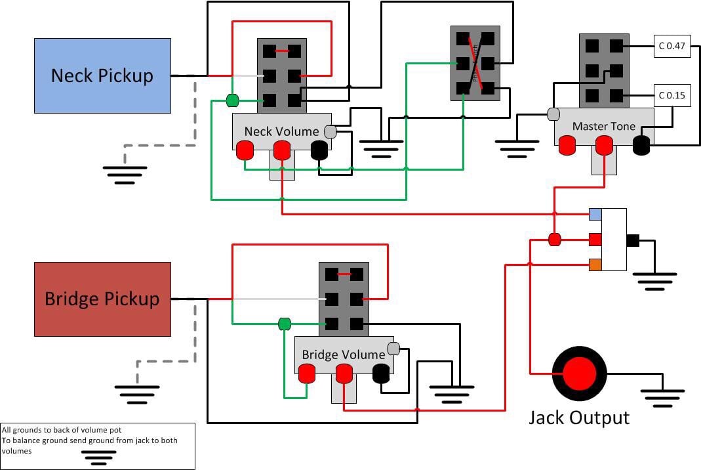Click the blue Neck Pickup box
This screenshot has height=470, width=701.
pyautogui.click(x=102, y=75)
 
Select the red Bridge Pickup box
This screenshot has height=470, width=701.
pyautogui.click(x=102, y=299)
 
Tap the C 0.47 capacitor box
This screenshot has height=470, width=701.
pyautogui.click(x=671, y=47)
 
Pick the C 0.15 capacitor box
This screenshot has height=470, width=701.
pyautogui.click(x=671, y=95)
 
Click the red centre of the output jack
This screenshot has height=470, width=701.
pyautogui.click(x=579, y=374)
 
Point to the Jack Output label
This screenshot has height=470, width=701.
pyautogui.click(x=579, y=417)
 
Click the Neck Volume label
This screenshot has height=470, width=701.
pyautogui.click(x=281, y=131)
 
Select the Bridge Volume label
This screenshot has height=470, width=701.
pyautogui.click(x=343, y=354)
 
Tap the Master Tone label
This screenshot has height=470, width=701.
pyautogui.click(x=603, y=126)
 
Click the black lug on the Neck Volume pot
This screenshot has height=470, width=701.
pyautogui.click(x=319, y=151)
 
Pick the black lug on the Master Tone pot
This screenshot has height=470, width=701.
pyautogui.click(x=641, y=145)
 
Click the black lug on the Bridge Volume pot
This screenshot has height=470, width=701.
pyautogui.click(x=381, y=374)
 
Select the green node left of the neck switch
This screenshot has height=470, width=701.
pyautogui.click(x=232, y=100)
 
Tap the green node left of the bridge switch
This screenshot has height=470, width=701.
pyautogui.click(x=284, y=324)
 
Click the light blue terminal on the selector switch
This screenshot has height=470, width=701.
pyautogui.click(x=595, y=215)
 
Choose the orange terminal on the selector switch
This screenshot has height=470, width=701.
pyautogui.click(x=595, y=265)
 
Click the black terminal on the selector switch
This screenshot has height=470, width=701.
pyautogui.click(x=633, y=240)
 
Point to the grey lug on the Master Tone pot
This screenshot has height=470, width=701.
pyautogui.click(x=553, y=114)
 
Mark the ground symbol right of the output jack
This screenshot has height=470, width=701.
pyautogui.click(x=662, y=397)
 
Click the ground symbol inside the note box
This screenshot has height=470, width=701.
pyautogui.click(x=98, y=457)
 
